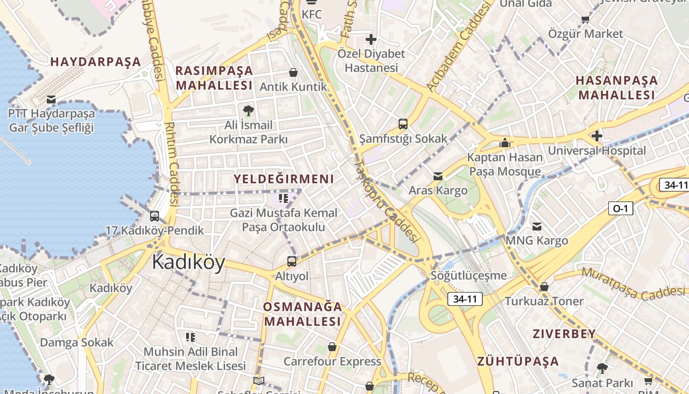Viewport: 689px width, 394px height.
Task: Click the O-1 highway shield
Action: point(620,208)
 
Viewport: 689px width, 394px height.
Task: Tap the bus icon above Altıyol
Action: point(292,262)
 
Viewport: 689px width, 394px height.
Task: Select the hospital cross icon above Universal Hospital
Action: point(597,135)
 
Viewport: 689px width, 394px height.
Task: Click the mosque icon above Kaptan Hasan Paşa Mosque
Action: point(504,143)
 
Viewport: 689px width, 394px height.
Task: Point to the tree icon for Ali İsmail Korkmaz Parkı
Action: point(249,110)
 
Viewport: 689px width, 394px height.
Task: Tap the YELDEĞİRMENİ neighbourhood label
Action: point(283,179)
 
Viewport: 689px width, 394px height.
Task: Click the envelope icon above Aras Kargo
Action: point(438,176)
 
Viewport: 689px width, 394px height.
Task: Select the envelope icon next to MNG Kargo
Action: point(537,226)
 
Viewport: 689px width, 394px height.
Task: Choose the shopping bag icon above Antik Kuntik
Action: point(293,72)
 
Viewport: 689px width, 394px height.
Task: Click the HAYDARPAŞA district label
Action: point(95,62)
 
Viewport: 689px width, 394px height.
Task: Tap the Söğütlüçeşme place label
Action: point(469,275)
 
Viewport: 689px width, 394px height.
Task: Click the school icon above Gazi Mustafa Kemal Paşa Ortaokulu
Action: point(283,198)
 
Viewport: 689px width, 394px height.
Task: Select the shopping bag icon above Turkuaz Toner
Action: point(544,287)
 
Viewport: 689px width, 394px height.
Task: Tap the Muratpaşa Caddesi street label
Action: point(635,284)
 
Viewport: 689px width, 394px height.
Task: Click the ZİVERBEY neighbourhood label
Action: point(564,334)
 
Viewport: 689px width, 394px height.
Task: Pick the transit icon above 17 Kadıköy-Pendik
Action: point(155,216)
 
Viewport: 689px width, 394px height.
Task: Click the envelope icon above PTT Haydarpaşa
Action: point(51,99)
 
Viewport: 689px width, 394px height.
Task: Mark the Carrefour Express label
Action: point(332,361)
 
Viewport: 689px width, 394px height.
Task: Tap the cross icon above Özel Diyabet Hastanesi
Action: point(371,39)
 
